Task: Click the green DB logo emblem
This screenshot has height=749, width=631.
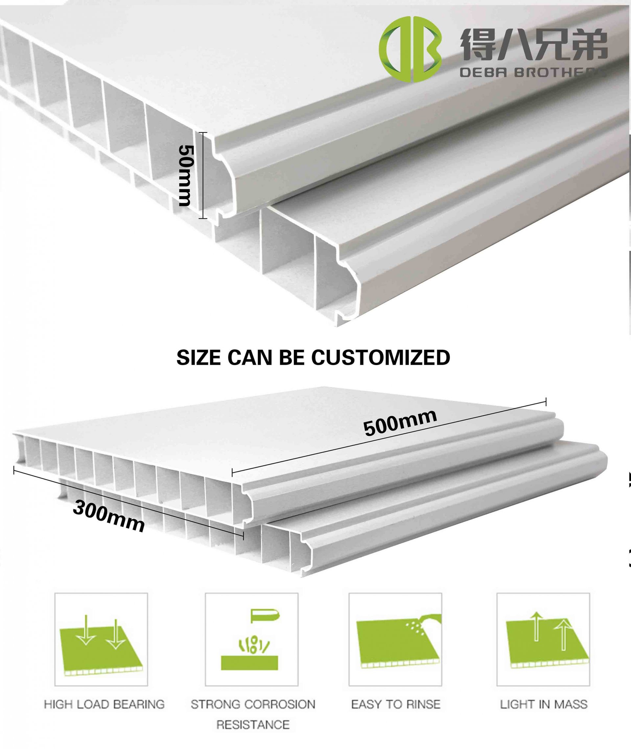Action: click(410, 49)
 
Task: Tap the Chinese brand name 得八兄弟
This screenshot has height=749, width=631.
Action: click(534, 44)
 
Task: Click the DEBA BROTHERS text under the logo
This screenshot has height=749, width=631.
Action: click(533, 73)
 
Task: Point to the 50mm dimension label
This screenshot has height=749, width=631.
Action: click(186, 175)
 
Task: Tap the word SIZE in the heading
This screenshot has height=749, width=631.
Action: click(199, 357)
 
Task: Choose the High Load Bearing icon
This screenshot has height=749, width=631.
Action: click(101, 640)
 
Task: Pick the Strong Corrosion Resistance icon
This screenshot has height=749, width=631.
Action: click(251, 640)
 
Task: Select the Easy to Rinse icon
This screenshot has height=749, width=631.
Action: click(395, 640)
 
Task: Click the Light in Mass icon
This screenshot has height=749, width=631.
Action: click(543, 640)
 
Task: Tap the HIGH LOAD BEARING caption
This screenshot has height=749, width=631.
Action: click(104, 705)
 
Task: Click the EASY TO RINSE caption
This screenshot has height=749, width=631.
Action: click(396, 705)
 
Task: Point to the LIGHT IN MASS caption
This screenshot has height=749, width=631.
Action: click(543, 705)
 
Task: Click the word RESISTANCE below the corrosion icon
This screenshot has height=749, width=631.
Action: click(253, 725)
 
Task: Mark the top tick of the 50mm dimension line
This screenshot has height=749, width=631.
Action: click(202, 133)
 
